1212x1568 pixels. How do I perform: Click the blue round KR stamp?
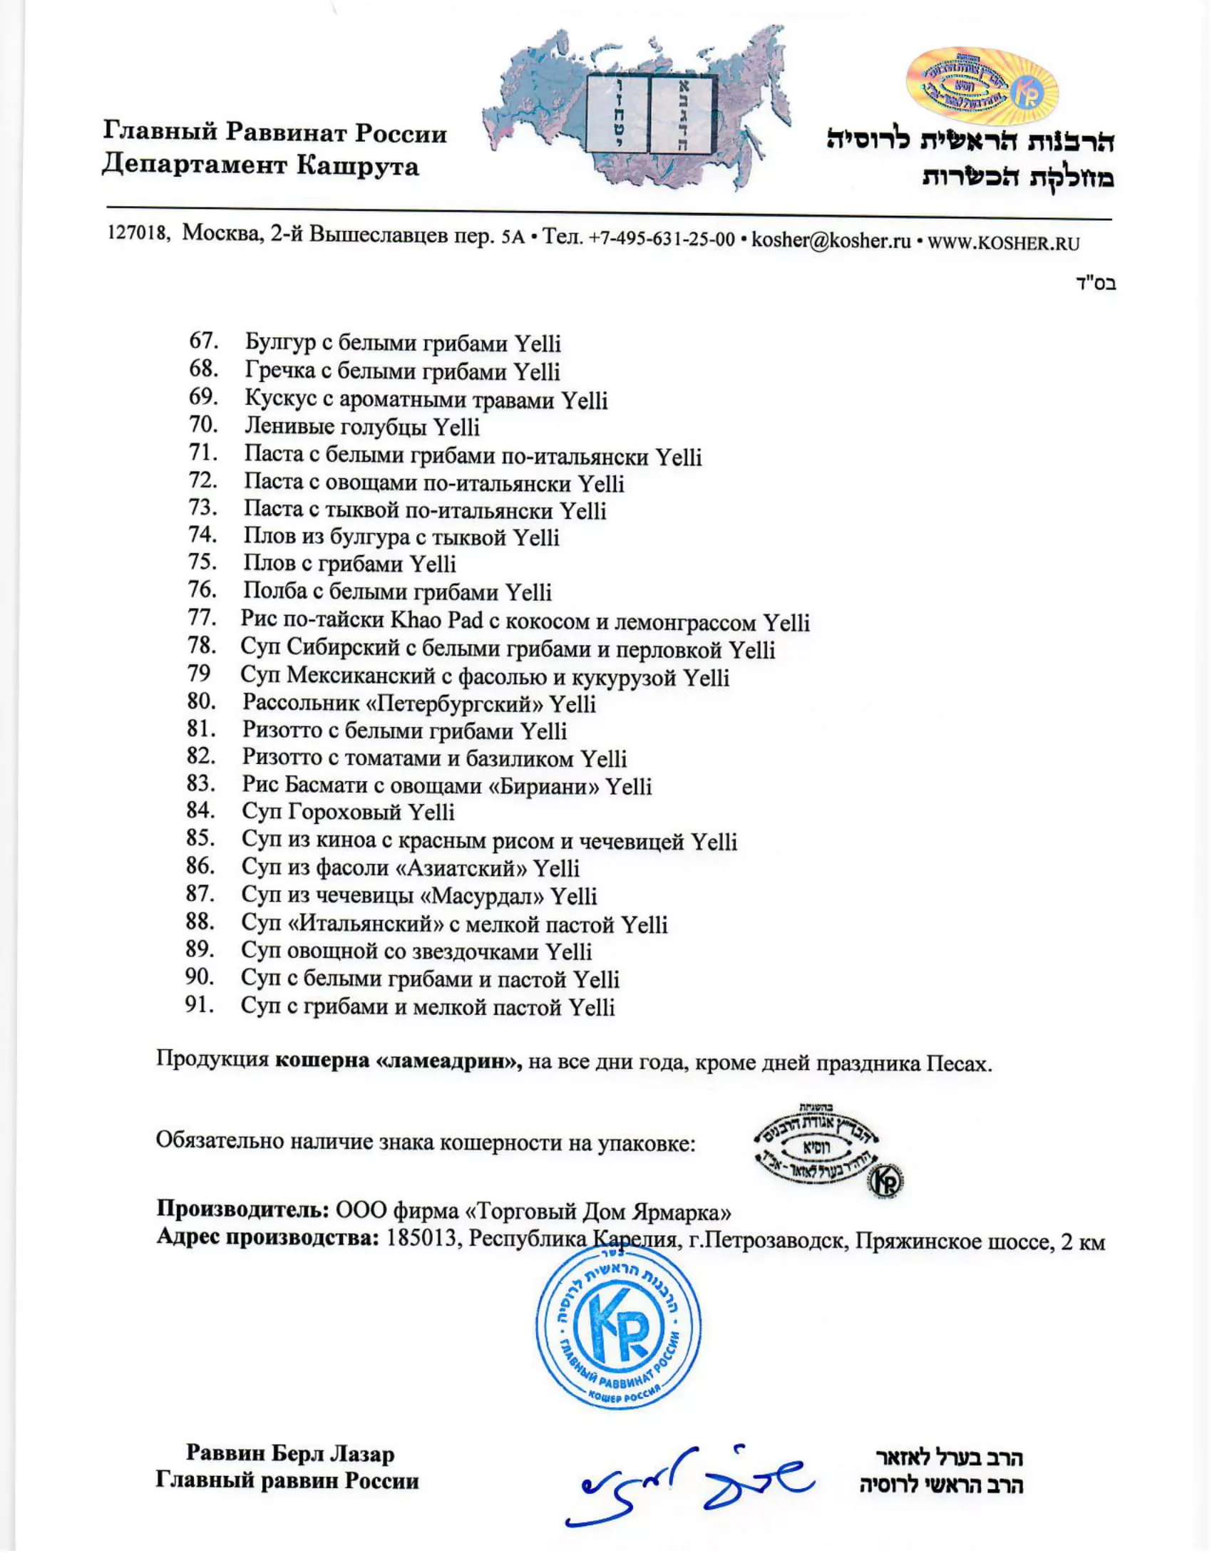coord(619,1327)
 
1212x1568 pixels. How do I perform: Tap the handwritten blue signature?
coord(689,1484)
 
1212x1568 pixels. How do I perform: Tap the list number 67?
coord(203,341)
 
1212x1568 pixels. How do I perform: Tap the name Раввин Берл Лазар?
coord(290,1454)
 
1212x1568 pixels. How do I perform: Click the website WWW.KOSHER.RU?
coord(1003,242)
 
